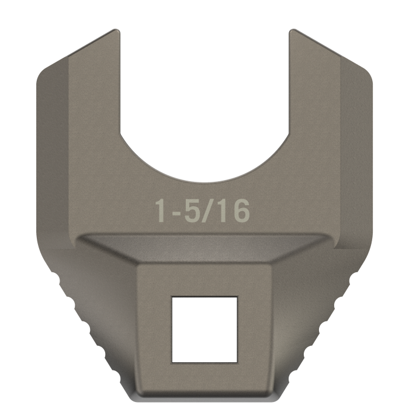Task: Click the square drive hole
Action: [204, 330]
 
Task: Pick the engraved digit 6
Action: [240, 210]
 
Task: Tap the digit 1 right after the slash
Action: [221, 210]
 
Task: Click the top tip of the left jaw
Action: [116, 29]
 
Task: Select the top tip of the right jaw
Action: [293, 29]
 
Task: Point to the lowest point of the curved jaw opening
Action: [204, 182]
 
